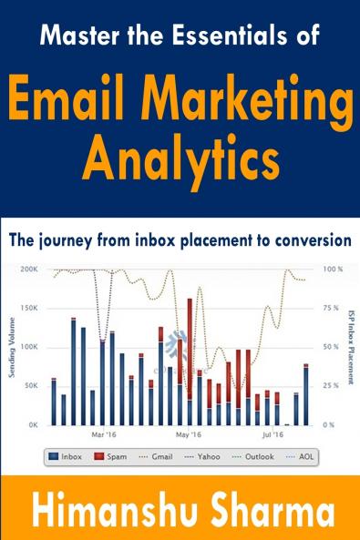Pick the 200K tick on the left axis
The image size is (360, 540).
tap(28, 270)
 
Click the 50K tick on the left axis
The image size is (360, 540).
tap(30, 386)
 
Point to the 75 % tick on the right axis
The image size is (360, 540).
tap(332, 309)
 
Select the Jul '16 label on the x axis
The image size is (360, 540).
tap(272, 434)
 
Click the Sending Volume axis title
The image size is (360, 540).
tap(11, 346)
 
